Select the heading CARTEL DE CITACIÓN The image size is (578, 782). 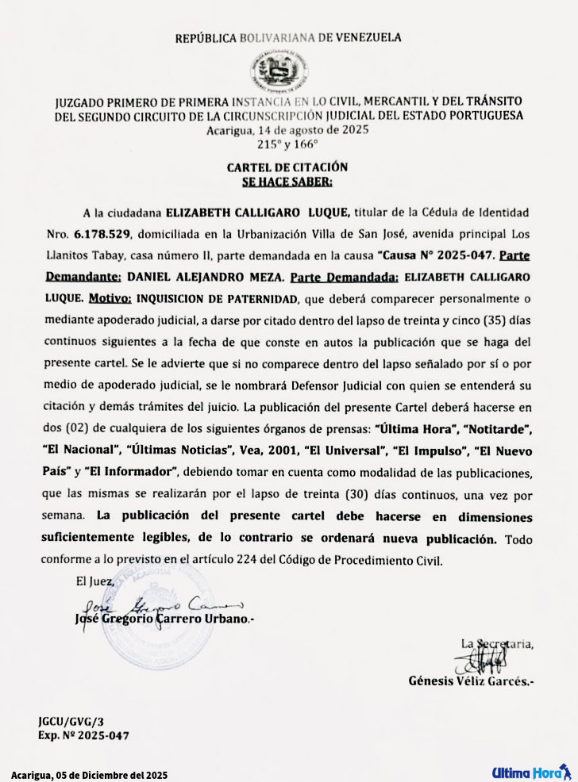click(287, 167)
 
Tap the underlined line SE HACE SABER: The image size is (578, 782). click(287, 181)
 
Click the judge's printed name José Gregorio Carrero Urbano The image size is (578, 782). click(164, 618)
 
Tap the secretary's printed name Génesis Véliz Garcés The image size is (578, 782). click(471, 680)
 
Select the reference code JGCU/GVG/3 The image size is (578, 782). click(71, 722)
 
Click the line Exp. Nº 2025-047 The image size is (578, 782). click(83, 735)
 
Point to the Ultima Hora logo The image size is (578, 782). click(530, 772)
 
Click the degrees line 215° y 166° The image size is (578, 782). click(287, 144)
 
